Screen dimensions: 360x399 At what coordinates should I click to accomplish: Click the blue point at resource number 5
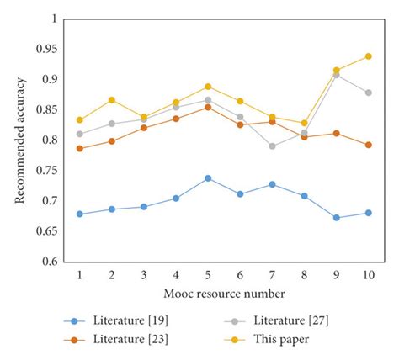coord(208,178)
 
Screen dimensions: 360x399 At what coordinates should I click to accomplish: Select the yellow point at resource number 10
coord(369,56)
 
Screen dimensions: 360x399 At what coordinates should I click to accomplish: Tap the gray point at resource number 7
coord(272,146)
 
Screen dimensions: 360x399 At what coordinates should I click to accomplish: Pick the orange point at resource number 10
coord(369,145)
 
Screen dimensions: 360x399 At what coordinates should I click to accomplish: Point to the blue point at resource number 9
coord(337,218)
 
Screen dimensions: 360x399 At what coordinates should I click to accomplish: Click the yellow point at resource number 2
coord(112,100)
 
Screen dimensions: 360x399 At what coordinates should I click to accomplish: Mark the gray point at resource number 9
coord(337,75)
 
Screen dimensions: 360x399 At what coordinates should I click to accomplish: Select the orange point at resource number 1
coord(80,149)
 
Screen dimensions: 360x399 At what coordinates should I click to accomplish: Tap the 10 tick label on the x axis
coord(369,275)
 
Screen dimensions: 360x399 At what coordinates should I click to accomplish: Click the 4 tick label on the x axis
coord(176,275)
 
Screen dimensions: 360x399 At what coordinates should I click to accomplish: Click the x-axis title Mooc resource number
coord(224,294)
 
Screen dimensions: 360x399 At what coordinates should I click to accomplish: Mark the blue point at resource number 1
coord(80,214)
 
